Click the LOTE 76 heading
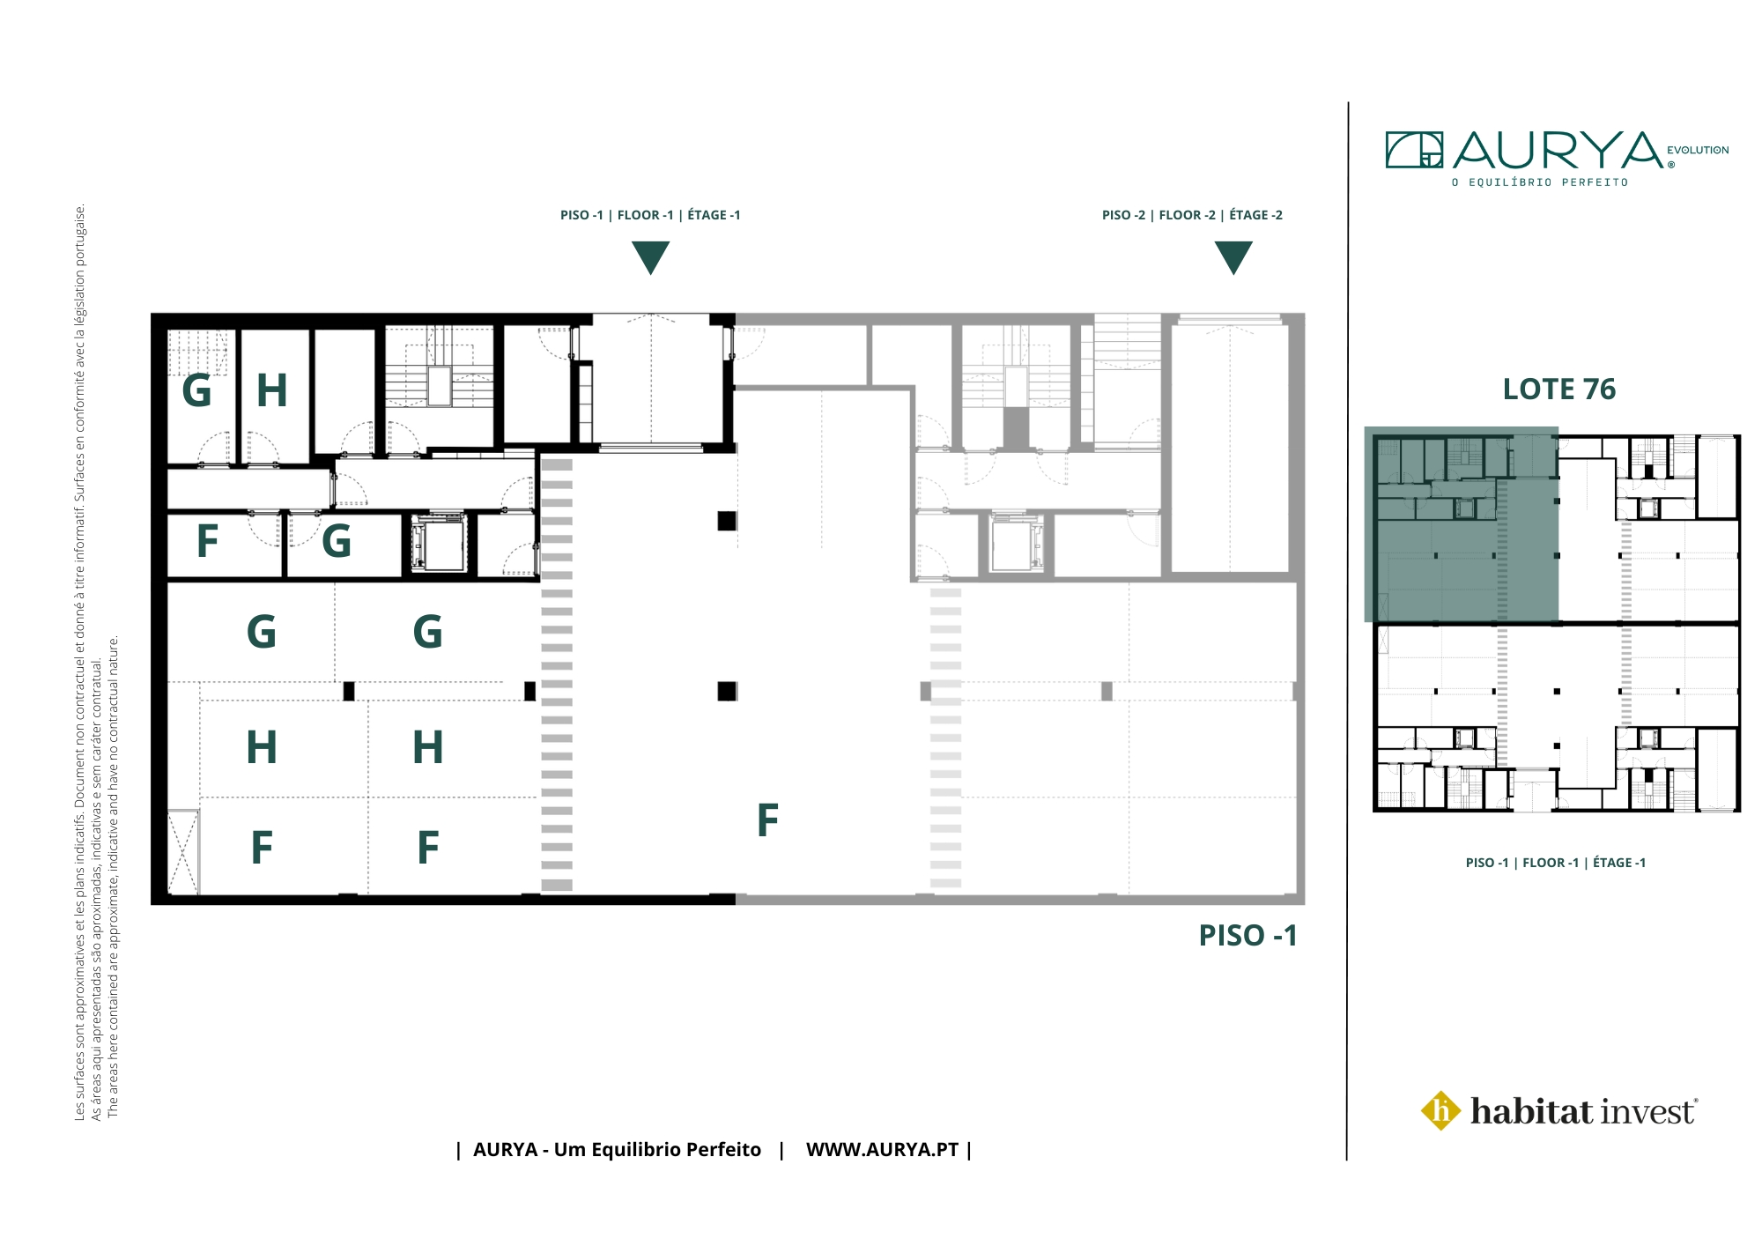point(1558,389)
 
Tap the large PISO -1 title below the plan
point(1247,935)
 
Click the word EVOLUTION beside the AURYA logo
point(1698,150)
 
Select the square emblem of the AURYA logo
point(1414,150)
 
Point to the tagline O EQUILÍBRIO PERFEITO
point(1540,182)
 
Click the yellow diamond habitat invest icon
point(1441,1110)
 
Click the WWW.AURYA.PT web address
point(882,1150)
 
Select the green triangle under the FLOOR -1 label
point(650,257)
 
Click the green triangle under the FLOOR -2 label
point(1233,257)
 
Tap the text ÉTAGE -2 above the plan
point(1255,215)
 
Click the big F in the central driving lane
point(768,820)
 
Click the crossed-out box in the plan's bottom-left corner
point(183,852)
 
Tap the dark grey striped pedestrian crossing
point(557,674)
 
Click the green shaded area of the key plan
point(1462,525)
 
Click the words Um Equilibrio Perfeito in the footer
point(657,1150)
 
